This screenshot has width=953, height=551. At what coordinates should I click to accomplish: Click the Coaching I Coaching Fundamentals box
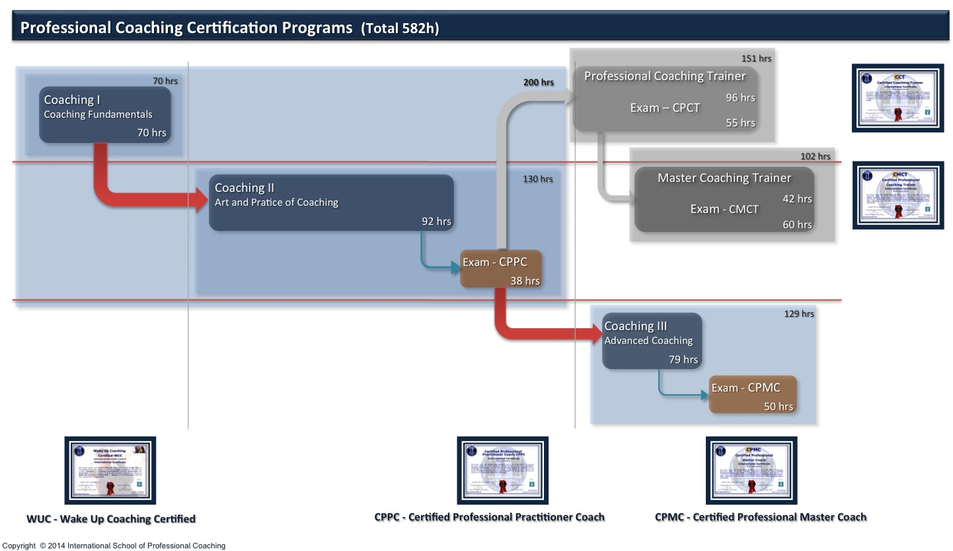(105, 114)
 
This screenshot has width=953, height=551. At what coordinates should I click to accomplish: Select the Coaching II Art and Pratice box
(331, 202)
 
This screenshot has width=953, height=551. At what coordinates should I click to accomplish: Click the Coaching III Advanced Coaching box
(652, 341)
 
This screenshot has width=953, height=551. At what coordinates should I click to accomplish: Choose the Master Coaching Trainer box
(724, 199)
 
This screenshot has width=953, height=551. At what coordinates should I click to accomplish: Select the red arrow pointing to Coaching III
(529, 329)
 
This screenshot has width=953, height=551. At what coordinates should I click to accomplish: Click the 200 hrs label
(538, 83)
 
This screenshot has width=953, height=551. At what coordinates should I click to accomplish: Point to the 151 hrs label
(756, 58)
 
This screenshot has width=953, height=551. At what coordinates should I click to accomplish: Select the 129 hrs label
(799, 314)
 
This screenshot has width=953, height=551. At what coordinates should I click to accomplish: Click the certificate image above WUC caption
(110, 470)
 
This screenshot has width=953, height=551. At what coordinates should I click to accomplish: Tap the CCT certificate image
(897, 98)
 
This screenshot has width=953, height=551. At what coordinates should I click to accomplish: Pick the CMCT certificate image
(897, 195)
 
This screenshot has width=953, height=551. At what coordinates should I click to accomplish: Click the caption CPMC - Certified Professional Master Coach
(760, 517)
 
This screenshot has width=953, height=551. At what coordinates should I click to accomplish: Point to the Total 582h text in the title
(400, 28)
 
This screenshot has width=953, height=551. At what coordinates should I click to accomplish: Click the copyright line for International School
(114, 546)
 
